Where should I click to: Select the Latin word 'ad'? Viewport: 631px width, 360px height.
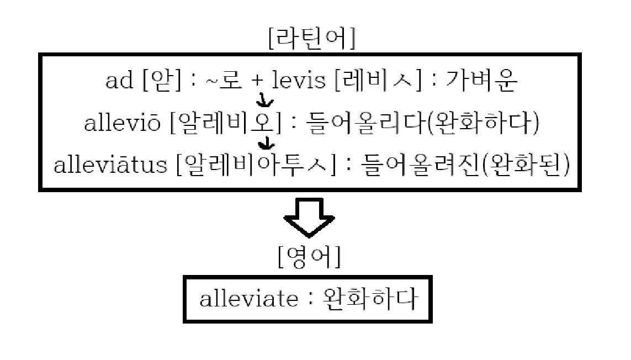119,82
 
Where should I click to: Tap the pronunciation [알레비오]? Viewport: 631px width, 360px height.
226,124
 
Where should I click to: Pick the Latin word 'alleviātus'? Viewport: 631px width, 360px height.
110,165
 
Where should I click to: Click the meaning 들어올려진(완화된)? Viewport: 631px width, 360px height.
464,165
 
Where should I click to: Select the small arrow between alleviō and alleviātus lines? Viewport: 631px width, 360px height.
268,143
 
